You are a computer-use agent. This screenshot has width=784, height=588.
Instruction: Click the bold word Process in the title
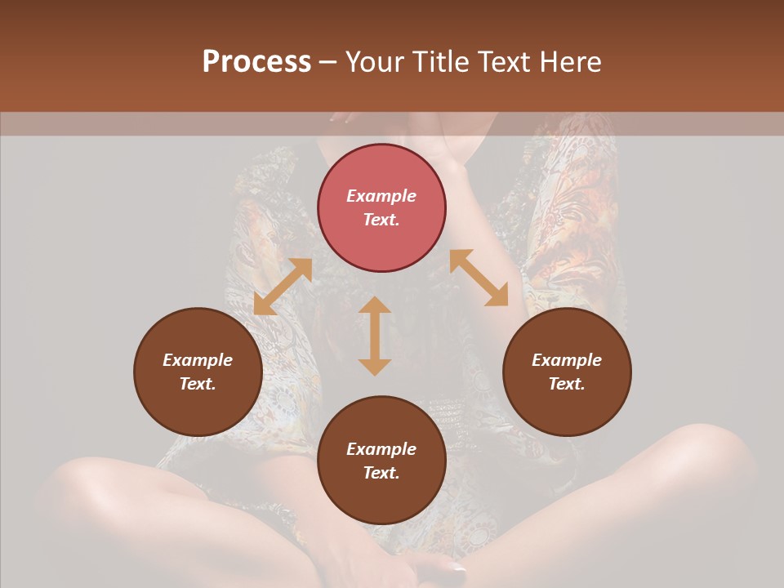click(256, 62)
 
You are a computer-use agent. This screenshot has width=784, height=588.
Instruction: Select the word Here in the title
click(570, 62)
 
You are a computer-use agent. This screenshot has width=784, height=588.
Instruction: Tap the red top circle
click(381, 207)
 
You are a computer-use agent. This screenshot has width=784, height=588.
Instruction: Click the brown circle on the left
click(198, 372)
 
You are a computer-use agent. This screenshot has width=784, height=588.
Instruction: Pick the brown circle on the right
click(567, 372)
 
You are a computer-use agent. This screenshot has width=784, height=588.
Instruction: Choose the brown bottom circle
click(381, 461)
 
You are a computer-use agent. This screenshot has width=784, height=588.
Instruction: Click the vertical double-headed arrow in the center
click(375, 336)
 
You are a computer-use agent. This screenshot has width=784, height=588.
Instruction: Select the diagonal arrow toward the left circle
click(283, 287)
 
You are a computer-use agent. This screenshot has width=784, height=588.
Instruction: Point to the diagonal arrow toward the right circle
click(479, 278)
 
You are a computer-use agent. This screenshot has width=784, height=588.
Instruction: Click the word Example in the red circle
click(381, 196)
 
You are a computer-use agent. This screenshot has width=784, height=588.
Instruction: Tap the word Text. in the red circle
click(381, 220)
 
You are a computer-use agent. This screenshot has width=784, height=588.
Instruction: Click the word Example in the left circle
click(198, 360)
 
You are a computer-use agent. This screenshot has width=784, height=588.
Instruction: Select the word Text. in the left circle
click(198, 384)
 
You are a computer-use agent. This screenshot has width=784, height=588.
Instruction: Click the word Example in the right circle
click(567, 360)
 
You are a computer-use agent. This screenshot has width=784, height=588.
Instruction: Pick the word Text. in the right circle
click(567, 384)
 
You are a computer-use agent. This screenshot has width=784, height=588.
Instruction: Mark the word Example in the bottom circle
click(381, 449)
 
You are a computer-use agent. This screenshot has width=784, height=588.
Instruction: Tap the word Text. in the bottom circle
click(381, 473)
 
